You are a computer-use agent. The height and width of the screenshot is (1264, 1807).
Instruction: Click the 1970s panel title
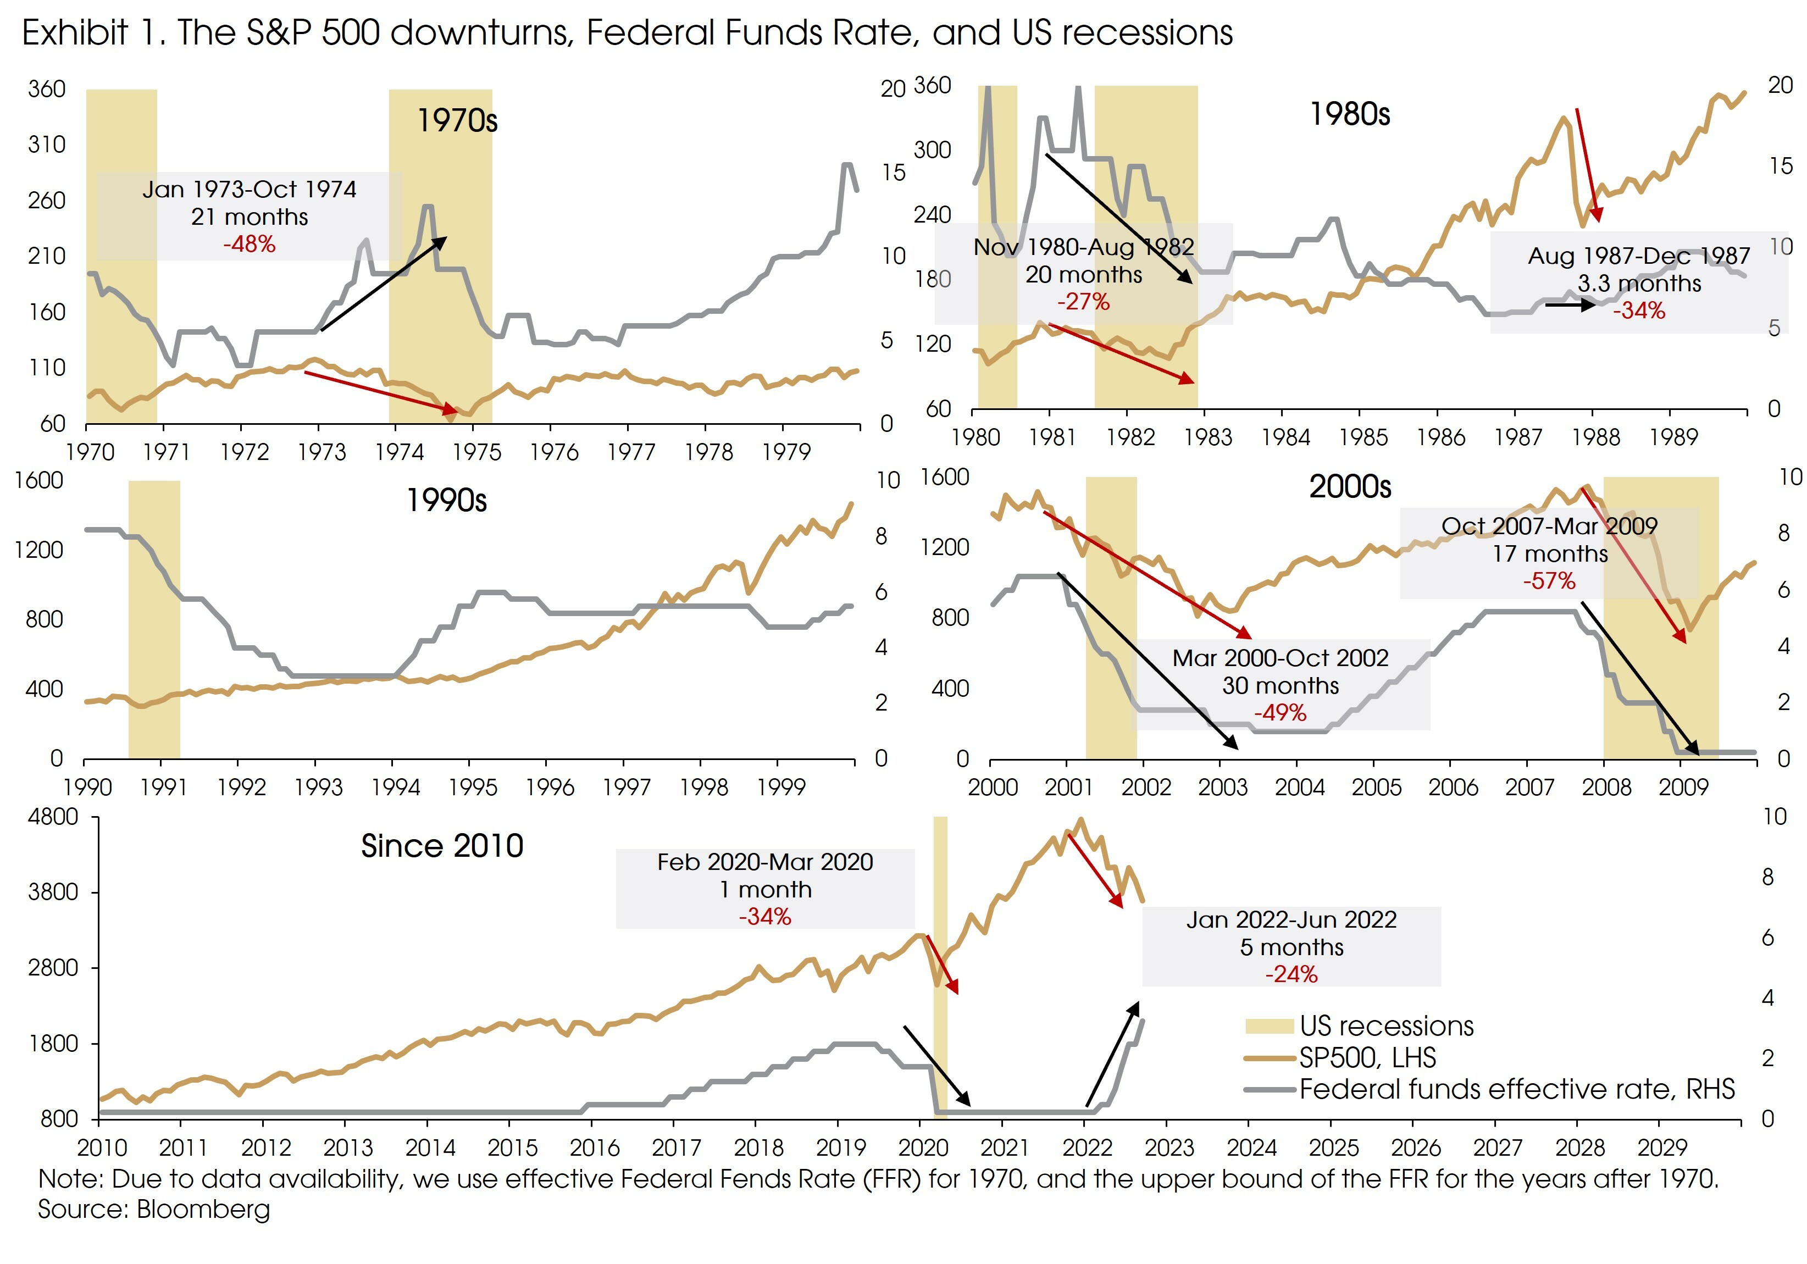pyautogui.click(x=457, y=120)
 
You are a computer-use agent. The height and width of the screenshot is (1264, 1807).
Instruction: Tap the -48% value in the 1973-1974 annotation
pyautogui.click(x=249, y=244)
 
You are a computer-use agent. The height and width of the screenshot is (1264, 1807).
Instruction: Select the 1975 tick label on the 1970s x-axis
pyautogui.click(x=476, y=452)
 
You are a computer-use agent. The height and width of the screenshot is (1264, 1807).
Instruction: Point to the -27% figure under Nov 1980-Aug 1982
pyautogui.click(x=1083, y=302)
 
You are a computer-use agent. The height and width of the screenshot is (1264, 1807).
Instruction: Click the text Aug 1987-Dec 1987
pyautogui.click(x=1639, y=256)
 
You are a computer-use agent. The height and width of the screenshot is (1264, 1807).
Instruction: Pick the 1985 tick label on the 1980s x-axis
pyautogui.click(x=1363, y=437)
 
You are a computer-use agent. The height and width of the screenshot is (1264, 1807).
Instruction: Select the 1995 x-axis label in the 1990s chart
pyautogui.click(x=472, y=787)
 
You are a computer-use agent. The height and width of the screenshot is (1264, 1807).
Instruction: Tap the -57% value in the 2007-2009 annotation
pyautogui.click(x=1549, y=581)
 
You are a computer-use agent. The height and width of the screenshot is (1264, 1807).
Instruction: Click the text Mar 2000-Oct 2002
pyautogui.click(x=1281, y=657)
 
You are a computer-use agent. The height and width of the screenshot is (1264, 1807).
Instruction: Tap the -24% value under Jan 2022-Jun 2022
pyautogui.click(x=1291, y=974)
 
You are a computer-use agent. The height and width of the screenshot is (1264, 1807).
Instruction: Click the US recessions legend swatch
pyautogui.click(x=1268, y=1026)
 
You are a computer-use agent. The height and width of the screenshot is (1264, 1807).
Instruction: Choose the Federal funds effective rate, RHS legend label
pyautogui.click(x=1517, y=1089)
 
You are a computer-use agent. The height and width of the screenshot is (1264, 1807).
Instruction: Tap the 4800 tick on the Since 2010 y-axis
pyautogui.click(x=53, y=817)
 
